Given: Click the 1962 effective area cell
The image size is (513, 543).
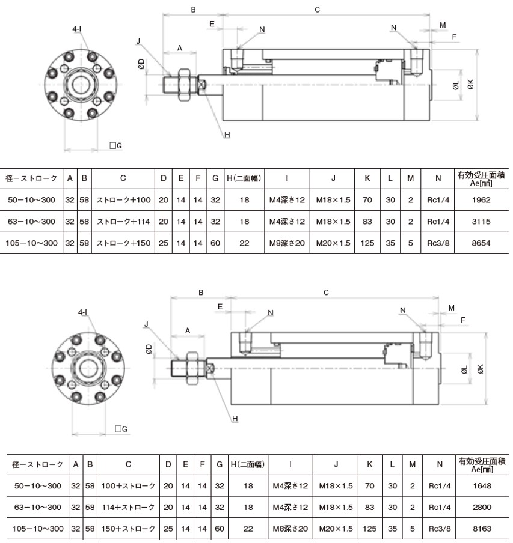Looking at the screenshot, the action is point(481,200).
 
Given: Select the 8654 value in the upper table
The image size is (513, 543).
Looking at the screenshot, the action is point(481,243).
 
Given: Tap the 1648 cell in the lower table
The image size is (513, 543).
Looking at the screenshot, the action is point(482,486).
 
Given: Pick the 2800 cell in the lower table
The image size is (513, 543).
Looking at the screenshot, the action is point(482,508).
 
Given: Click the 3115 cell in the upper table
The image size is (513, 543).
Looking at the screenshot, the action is point(481,222).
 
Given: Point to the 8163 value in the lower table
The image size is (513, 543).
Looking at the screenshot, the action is point(482,529).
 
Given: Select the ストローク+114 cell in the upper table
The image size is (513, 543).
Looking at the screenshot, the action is point(123,222).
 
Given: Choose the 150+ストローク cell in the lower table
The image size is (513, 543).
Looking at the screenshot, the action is point(128,529).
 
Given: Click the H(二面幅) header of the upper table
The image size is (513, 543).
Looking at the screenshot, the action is point(244,178).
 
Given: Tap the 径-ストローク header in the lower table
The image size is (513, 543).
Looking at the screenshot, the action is point(38,464).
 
